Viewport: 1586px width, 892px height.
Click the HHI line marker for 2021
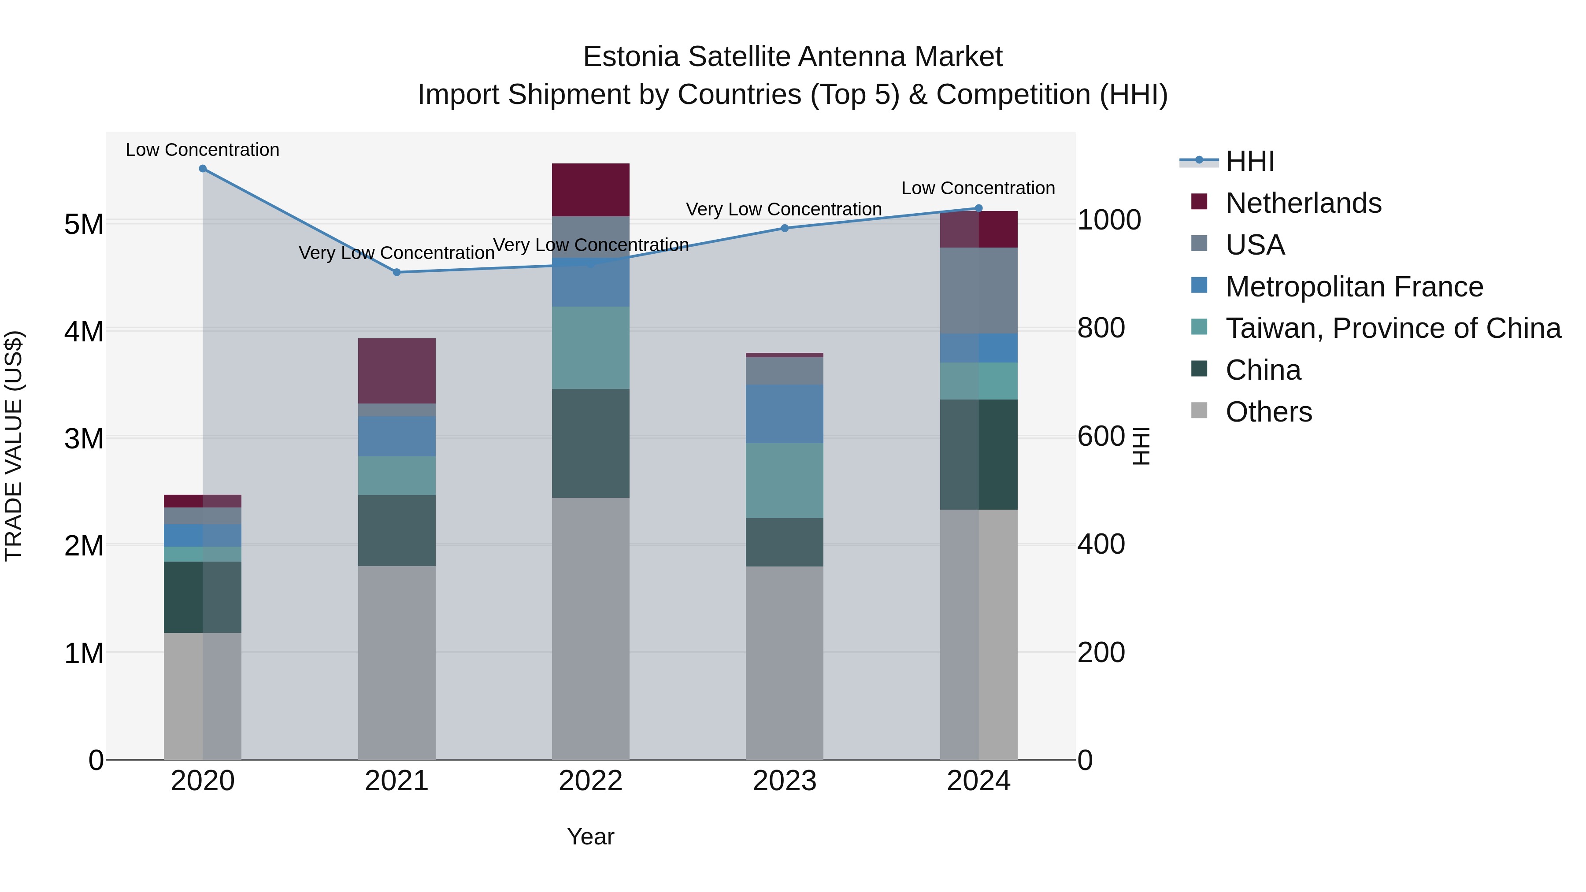click(x=396, y=272)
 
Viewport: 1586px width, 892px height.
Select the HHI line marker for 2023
click(x=784, y=228)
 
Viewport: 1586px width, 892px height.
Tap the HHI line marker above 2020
click(x=203, y=169)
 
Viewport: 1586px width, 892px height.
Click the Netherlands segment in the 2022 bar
click(x=590, y=189)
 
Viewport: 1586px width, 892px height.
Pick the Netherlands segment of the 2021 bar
click(x=396, y=370)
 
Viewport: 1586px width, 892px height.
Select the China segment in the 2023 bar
click(x=784, y=542)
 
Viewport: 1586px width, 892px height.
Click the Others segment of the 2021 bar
click(x=396, y=662)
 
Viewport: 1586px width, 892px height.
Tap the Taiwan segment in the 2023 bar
click(x=784, y=480)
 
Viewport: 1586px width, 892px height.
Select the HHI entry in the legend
click(x=1249, y=161)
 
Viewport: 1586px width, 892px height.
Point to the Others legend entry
click(x=1268, y=412)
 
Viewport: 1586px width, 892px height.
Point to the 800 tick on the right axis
click(x=1101, y=328)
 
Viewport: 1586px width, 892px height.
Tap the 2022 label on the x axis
click(x=590, y=781)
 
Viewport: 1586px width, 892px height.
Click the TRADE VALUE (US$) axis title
click(x=14, y=446)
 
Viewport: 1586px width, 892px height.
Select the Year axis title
click(x=590, y=836)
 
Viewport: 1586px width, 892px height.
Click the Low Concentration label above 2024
click(x=978, y=189)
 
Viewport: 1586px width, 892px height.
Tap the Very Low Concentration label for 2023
click(x=784, y=209)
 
